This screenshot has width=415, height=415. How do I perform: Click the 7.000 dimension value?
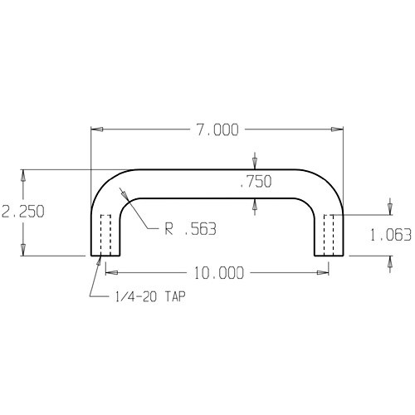[x=216, y=129]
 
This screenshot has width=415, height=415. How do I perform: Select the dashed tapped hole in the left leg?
[x=105, y=235]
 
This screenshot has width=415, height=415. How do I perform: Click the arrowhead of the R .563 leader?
[x=124, y=194]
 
